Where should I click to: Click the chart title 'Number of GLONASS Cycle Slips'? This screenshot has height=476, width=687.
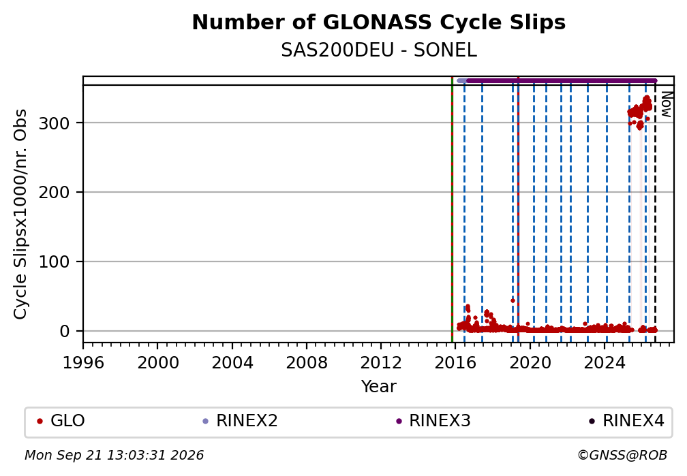(378, 22)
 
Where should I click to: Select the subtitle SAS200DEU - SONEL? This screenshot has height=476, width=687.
(378, 50)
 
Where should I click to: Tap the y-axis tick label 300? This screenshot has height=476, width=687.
(55, 123)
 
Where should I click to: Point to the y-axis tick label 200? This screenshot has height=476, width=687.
(55, 192)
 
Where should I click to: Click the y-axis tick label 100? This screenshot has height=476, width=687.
(55, 262)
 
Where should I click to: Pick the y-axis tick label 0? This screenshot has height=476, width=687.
(65, 331)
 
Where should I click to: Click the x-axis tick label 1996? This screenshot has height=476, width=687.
(83, 363)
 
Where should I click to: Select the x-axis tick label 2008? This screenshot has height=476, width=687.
(307, 363)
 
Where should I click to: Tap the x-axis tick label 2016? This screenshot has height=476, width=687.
(455, 363)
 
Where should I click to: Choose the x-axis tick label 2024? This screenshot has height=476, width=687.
(604, 363)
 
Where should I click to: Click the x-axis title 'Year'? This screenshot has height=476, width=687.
(378, 387)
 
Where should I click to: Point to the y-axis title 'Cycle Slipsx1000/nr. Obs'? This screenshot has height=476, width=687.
(20, 214)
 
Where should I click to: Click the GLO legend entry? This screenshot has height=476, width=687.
(61, 421)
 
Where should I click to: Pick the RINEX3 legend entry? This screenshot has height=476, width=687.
(433, 421)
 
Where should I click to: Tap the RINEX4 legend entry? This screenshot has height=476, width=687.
(626, 421)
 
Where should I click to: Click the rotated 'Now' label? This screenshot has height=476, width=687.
(666, 104)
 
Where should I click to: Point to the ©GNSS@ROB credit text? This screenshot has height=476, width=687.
(622, 456)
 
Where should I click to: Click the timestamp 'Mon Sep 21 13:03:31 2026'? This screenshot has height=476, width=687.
(114, 456)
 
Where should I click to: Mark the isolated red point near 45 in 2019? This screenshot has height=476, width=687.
(513, 301)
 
